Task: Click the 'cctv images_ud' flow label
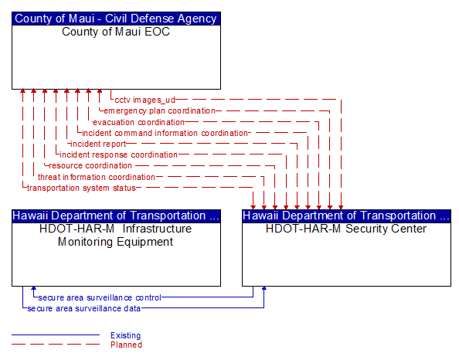pos(145,100)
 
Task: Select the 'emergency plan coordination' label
pos(159,111)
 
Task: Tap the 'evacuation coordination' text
pos(138,122)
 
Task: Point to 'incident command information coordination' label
pos(165,133)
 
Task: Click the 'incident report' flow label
pos(98,144)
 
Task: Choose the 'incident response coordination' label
pos(118,155)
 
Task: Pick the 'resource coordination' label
pos(90,165)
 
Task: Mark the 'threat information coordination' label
pos(97,177)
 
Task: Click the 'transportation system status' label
pos(81,188)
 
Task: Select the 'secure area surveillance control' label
pos(100,297)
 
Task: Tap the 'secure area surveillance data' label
pos(83,308)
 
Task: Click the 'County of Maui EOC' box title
pos(116,32)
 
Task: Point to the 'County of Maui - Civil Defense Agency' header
pos(116,19)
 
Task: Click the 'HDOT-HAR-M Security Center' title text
pos(346,229)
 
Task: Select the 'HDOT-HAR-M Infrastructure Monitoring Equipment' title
pos(116,235)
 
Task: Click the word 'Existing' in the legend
pos(126,335)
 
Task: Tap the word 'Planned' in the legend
pos(126,345)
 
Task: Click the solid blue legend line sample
pos(56,335)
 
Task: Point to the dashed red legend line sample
pos(56,345)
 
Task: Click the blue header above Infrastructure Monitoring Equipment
pos(116,216)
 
